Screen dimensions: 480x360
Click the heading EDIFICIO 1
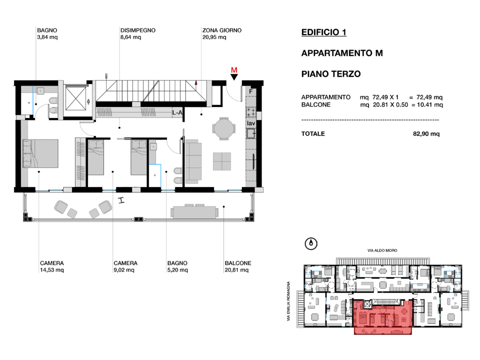point(323,32)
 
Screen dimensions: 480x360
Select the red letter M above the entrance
point(234,70)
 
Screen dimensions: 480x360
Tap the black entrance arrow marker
point(234,77)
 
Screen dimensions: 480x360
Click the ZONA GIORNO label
point(221,30)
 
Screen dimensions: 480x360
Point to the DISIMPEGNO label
point(138,30)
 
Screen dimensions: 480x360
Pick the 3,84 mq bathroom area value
point(47,37)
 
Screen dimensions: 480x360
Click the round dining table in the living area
point(224,128)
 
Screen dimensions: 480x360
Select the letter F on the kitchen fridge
point(251,91)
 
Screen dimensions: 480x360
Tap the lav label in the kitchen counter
point(251,123)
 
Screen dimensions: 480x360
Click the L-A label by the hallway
point(177,112)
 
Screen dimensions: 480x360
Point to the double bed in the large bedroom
point(40,153)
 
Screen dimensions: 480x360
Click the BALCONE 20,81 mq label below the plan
point(238,266)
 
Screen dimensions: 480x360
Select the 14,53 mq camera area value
point(51,270)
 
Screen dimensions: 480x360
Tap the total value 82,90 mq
point(426,134)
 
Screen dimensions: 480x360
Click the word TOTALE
point(313,134)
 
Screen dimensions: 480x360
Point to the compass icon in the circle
point(311,243)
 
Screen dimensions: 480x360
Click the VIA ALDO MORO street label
point(382,250)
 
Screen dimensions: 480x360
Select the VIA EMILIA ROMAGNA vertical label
point(288,301)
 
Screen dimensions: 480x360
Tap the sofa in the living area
point(193,161)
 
